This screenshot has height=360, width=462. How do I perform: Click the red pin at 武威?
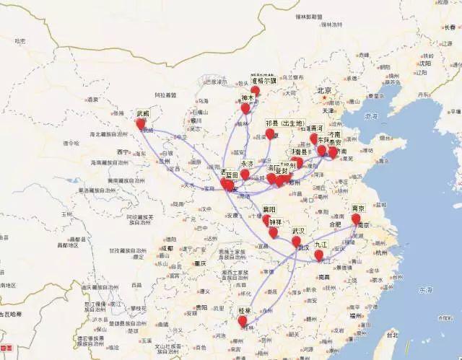pos(141,124)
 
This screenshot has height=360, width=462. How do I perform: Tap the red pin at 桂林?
pos(243,320)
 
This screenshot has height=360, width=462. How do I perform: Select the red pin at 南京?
pos(355,218)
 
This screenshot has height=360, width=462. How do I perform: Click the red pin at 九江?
pos(318,254)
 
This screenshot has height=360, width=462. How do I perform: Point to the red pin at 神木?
pos(245,108)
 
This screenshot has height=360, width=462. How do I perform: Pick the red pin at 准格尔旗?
pos(256,91)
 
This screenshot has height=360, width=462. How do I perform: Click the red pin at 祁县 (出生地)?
pos(270,133)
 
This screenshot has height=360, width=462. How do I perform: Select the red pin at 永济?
pos(245,174)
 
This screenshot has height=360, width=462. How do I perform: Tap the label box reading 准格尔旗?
pos(263,81)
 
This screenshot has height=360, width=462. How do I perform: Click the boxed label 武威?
pos(142,113)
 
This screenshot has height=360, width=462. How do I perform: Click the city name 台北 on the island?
pos(391,335)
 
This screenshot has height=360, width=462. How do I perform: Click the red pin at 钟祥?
pos(273,232)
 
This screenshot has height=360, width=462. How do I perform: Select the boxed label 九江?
pos(320,244)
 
